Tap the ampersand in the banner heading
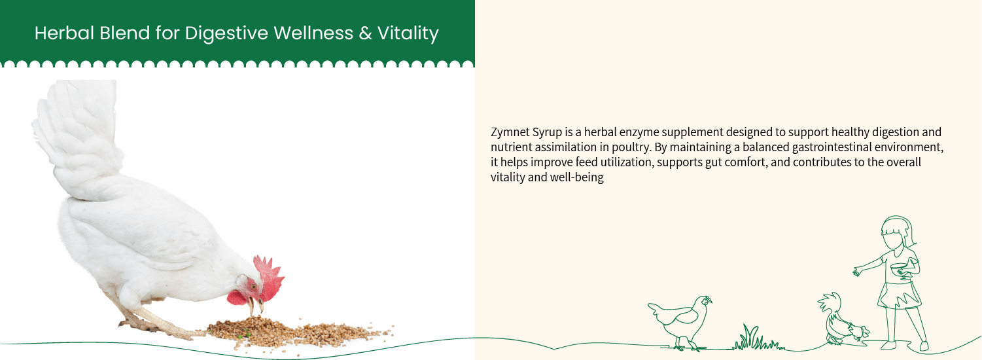(365, 33)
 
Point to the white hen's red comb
(269, 274)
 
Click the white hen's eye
(253, 286)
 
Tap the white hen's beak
(256, 306)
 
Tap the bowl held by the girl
(899, 268)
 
